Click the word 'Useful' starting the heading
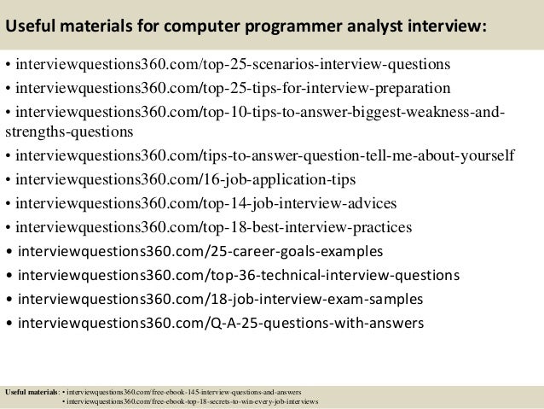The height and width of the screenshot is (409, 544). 32,26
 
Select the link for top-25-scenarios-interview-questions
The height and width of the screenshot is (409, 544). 232,66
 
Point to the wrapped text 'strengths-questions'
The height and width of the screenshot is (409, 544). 68,132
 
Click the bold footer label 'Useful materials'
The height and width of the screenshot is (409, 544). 32,391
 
